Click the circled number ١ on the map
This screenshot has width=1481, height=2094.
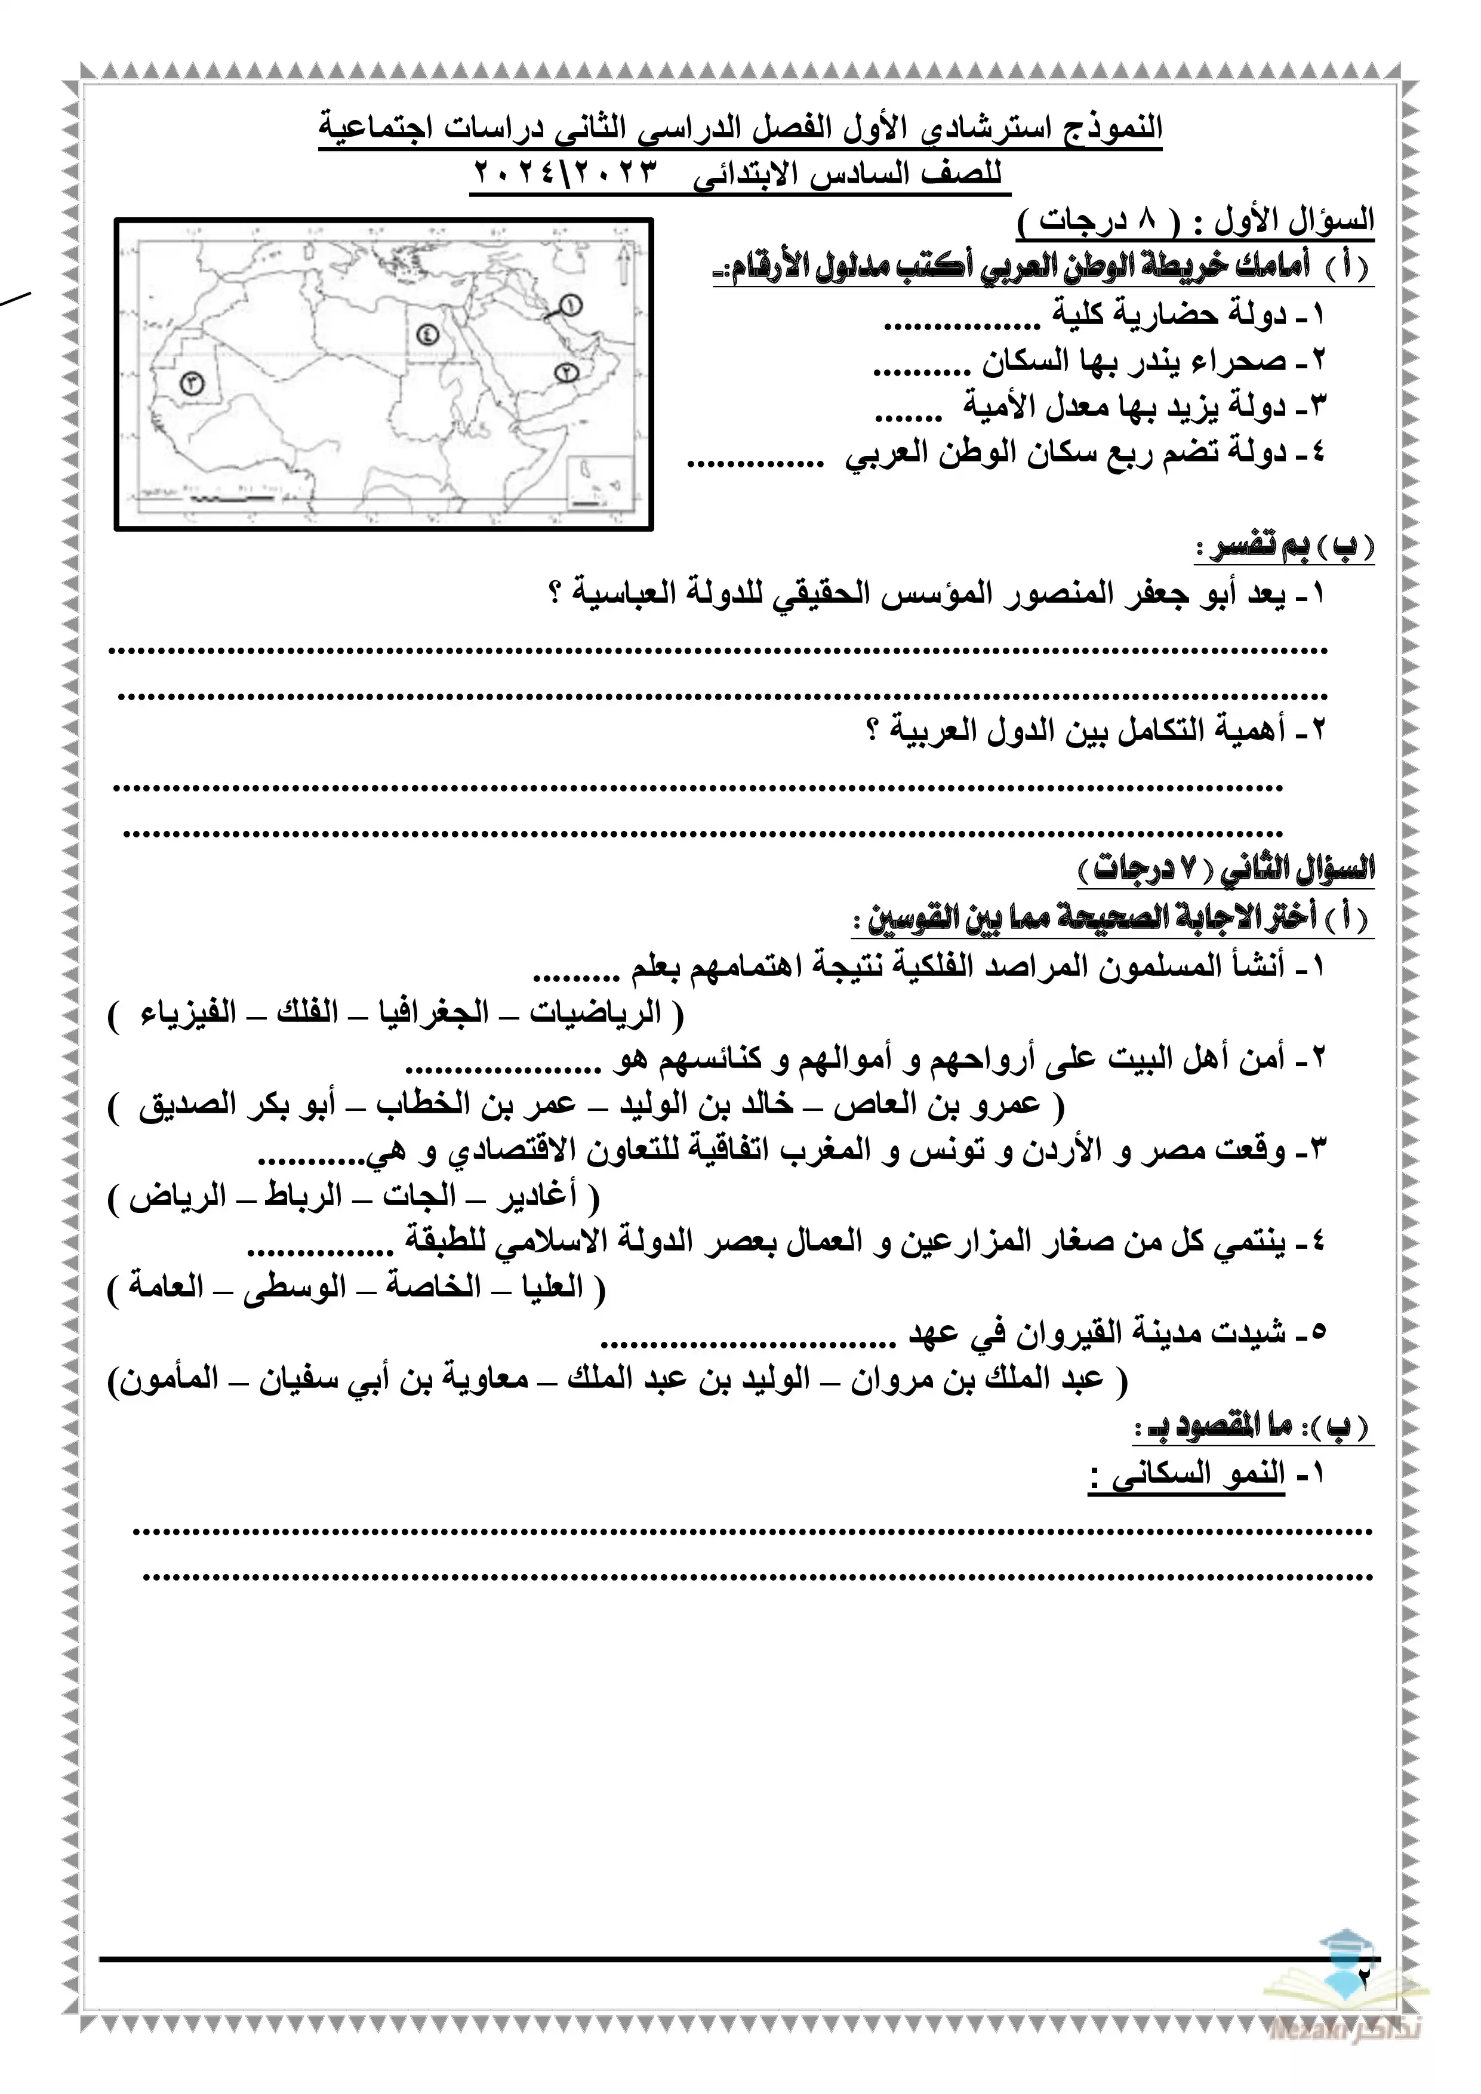(x=571, y=304)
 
